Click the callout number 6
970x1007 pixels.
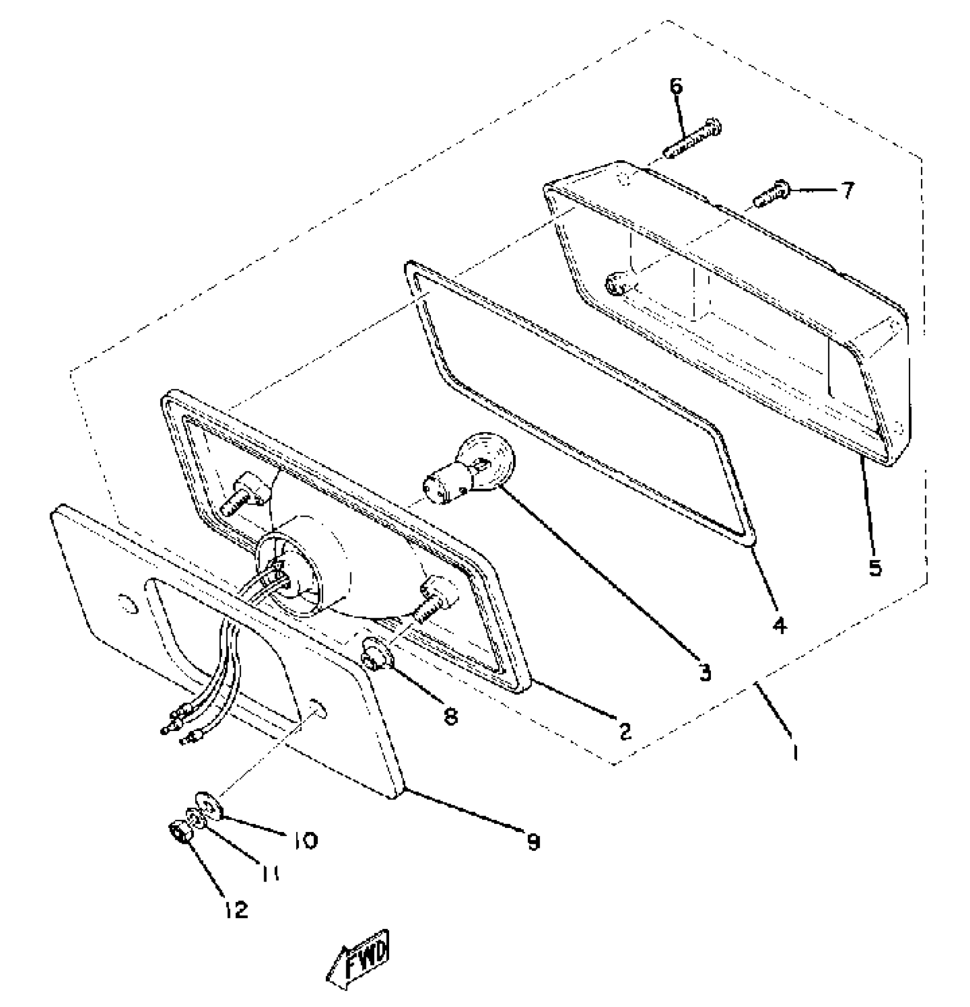click(x=676, y=87)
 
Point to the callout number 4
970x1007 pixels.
click(x=779, y=626)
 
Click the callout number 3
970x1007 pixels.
click(x=706, y=673)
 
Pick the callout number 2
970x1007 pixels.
click(x=625, y=731)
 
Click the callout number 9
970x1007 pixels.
click(x=533, y=842)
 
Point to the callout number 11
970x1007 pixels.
click(x=270, y=873)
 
